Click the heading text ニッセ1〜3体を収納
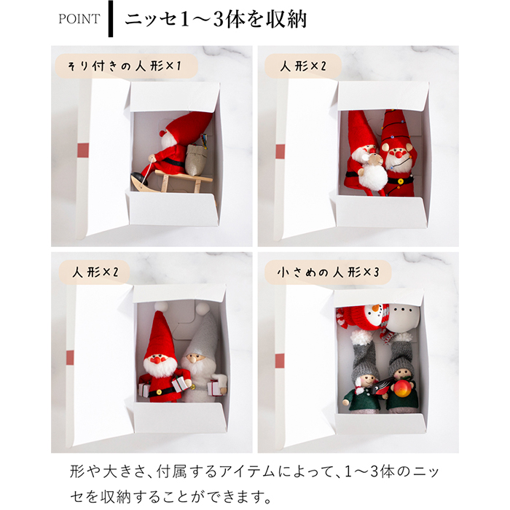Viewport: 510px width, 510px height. [x=215, y=19]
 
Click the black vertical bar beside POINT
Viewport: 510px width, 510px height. [x=110, y=19]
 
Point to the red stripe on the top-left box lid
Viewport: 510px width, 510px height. [x=82, y=151]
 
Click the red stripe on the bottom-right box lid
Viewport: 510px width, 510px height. [x=280, y=360]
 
